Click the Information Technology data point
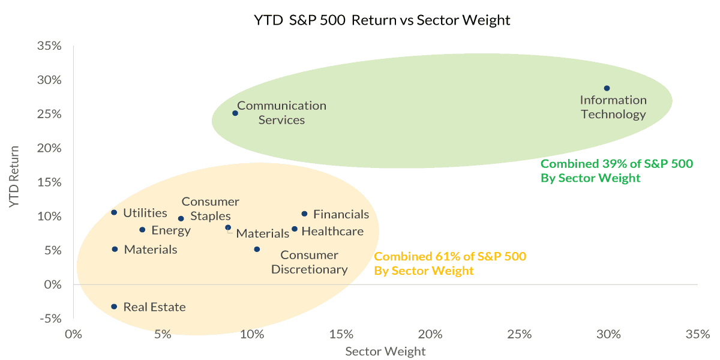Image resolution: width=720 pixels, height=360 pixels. point(607,88)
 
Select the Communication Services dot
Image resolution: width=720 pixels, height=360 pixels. point(235,113)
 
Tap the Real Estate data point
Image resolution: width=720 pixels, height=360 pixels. point(114,307)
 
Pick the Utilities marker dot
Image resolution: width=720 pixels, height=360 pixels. point(114,212)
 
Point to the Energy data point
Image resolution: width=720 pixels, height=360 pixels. point(142,230)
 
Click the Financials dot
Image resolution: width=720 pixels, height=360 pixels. point(304,214)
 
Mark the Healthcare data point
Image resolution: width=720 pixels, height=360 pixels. point(294,229)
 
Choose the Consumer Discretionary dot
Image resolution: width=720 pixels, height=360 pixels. point(257,249)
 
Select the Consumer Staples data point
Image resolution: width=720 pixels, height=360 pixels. point(181,218)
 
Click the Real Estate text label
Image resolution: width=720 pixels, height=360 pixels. point(154,307)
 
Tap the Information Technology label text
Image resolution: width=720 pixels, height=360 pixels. point(613,107)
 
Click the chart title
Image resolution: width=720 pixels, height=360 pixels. point(382,20)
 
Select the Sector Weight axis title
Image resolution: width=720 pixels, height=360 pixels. point(385,352)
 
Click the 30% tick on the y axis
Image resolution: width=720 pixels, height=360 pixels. point(50,80)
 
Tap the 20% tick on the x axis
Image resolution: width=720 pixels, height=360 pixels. point(430,334)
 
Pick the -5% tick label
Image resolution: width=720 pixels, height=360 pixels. point(52,318)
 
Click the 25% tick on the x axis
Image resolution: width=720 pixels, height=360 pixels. point(520,334)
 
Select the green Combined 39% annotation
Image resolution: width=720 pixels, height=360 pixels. point(617,170)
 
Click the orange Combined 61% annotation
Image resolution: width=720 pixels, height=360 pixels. point(450,263)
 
